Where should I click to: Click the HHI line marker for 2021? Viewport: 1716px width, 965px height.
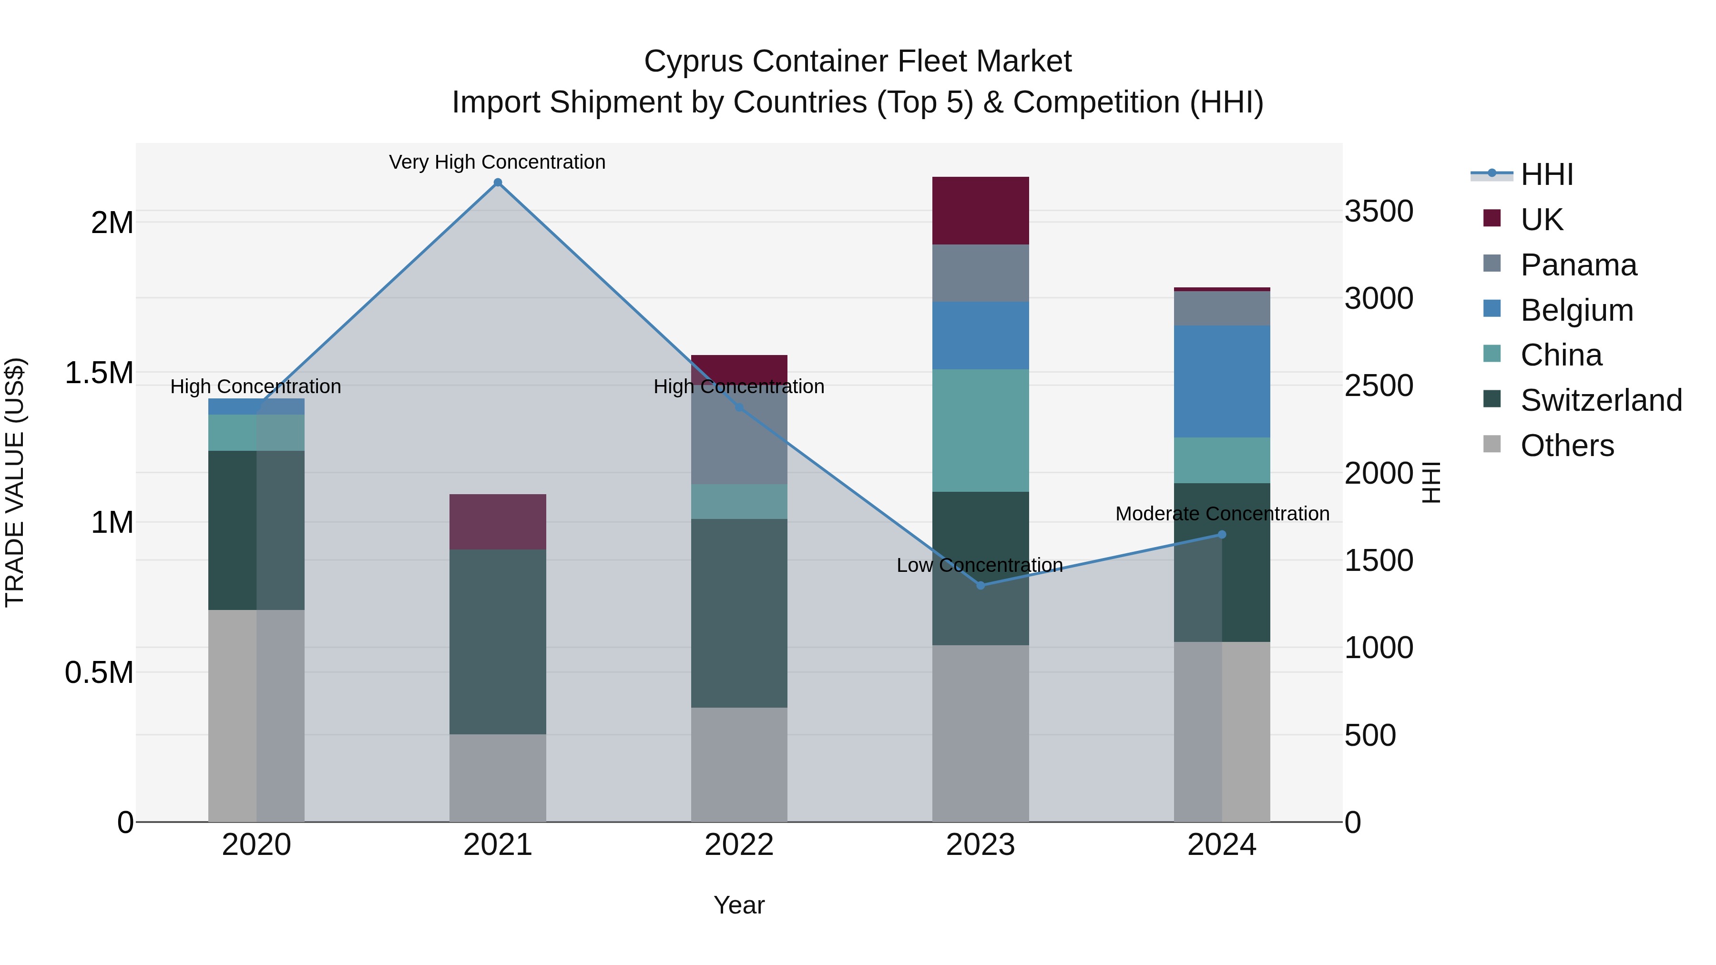pyautogui.click(x=498, y=183)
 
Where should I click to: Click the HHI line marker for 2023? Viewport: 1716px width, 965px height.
pyautogui.click(x=980, y=585)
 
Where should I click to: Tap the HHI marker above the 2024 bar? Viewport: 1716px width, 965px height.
pyautogui.click(x=1222, y=534)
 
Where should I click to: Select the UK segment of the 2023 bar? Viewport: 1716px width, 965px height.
pyautogui.click(x=980, y=211)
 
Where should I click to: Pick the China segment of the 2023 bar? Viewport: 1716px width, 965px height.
pyautogui.click(x=980, y=430)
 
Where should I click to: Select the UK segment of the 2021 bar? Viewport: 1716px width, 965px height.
pyautogui.click(x=498, y=521)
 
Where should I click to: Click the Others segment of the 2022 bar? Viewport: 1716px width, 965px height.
pyautogui.click(x=739, y=764)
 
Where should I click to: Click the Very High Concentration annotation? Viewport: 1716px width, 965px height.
pyautogui.click(x=497, y=162)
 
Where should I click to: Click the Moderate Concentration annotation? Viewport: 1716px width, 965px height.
pyautogui.click(x=1222, y=513)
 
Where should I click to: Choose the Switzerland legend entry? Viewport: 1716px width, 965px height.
pyautogui.click(x=1601, y=400)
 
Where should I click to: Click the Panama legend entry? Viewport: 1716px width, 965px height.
pyautogui.click(x=1578, y=265)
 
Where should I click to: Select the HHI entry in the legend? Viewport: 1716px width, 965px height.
pyautogui.click(x=1546, y=174)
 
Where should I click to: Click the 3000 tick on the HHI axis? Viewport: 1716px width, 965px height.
pyautogui.click(x=1378, y=298)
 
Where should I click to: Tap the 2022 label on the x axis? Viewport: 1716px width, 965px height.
pyautogui.click(x=739, y=845)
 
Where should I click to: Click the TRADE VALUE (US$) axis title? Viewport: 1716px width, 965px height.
pyautogui.click(x=15, y=482)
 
